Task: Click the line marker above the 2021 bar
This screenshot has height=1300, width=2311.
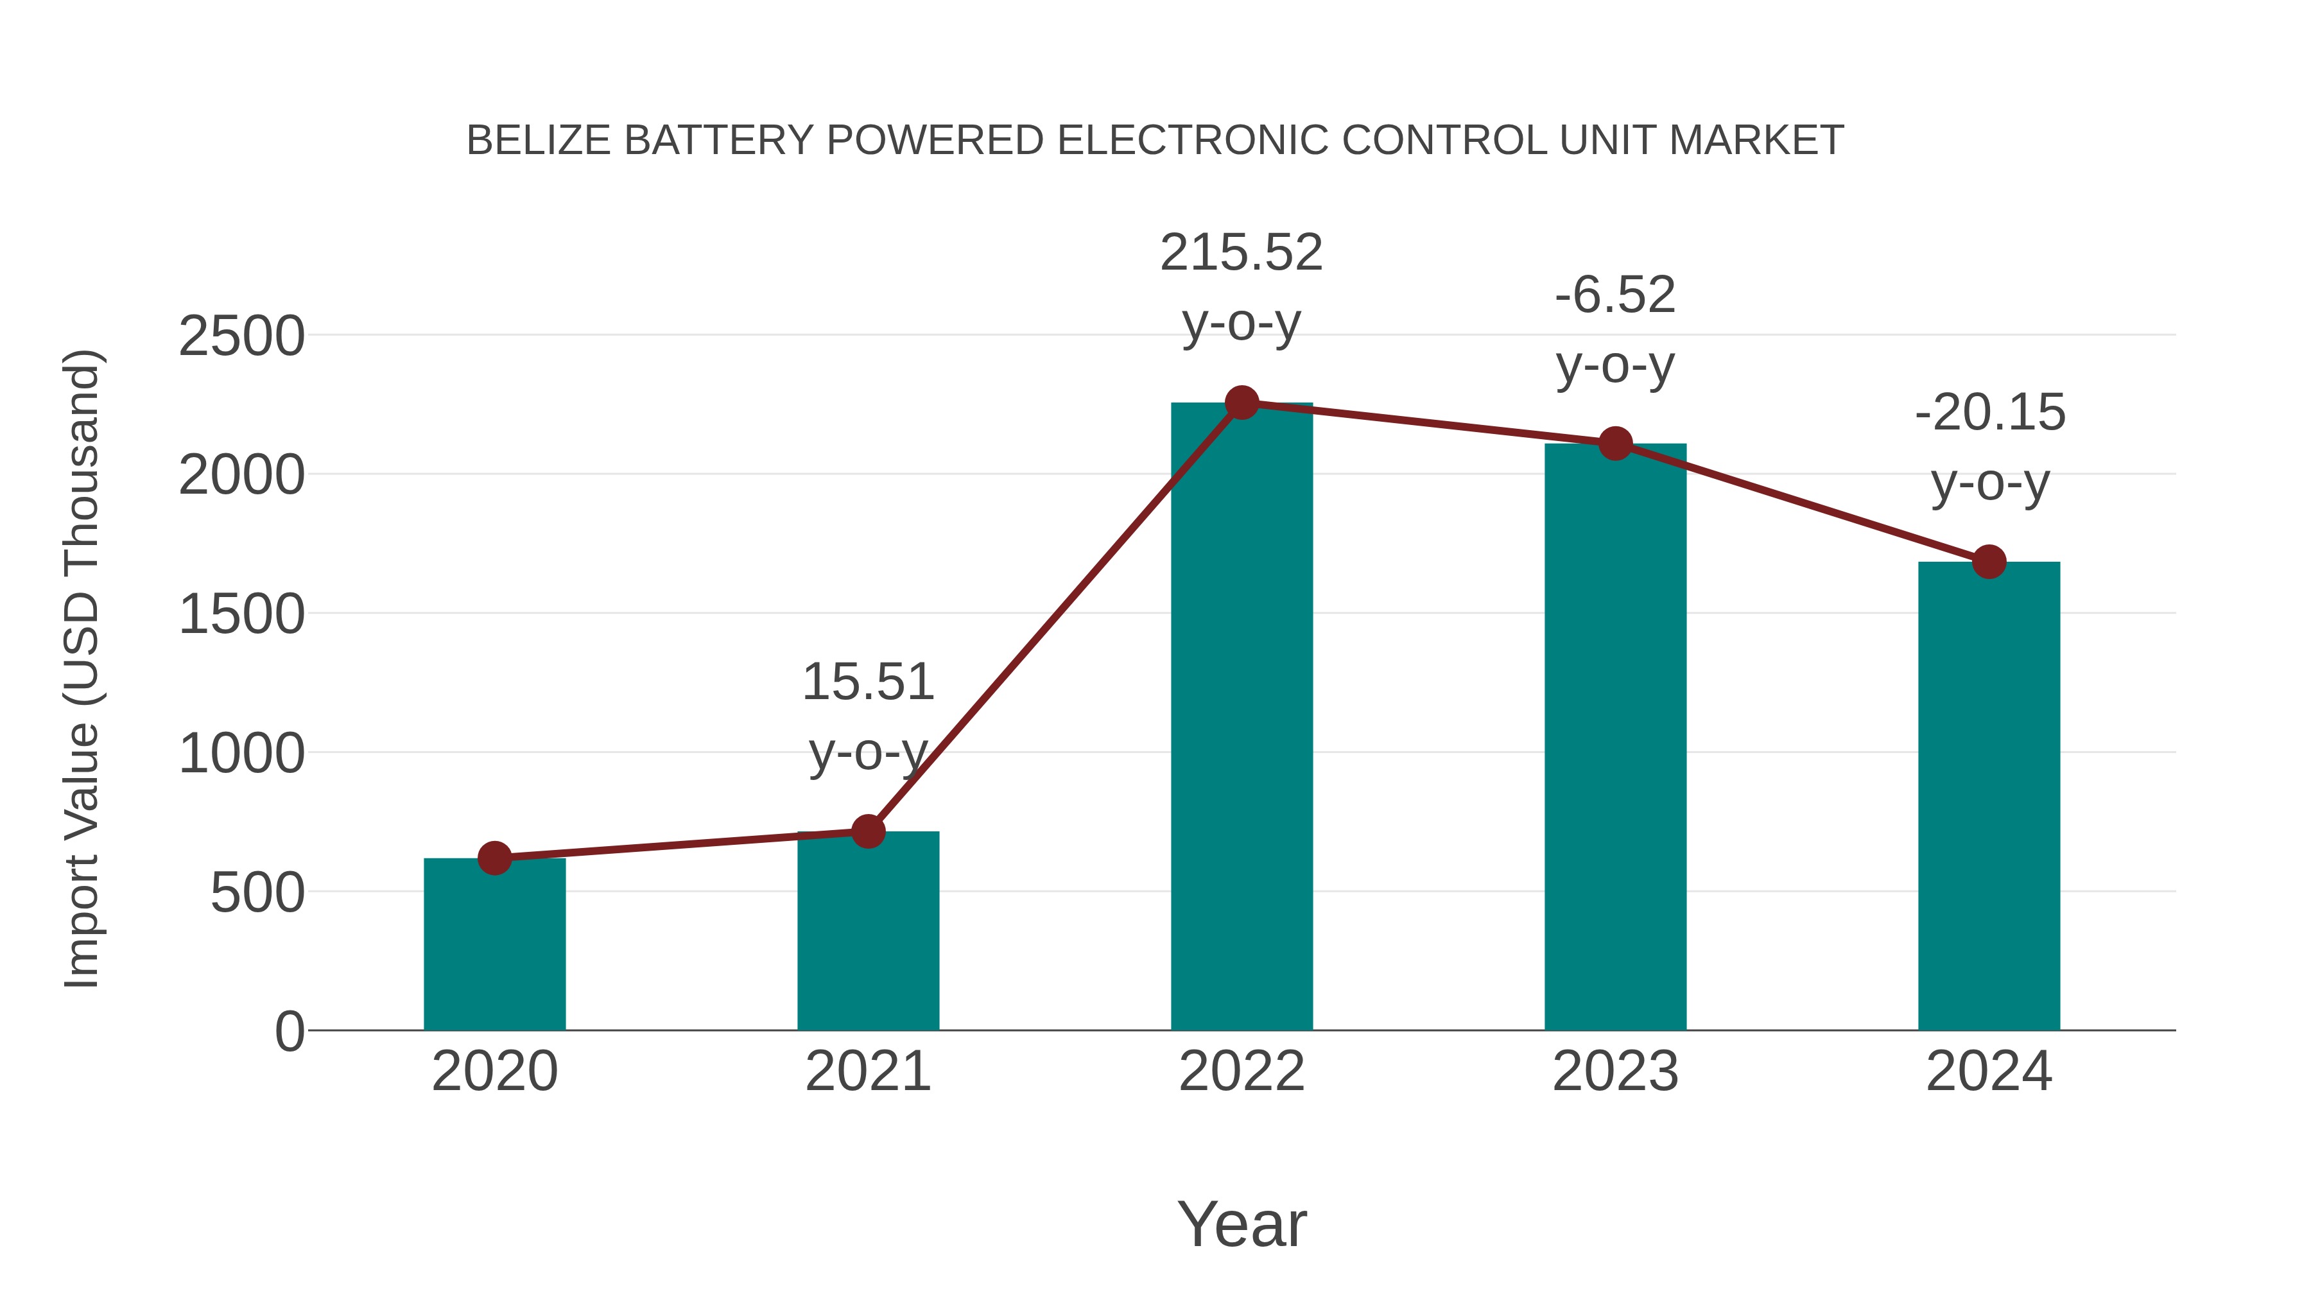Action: pos(867,831)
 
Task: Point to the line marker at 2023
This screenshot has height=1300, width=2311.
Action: pos(1615,443)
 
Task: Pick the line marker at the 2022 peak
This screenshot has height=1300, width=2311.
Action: pos(1242,403)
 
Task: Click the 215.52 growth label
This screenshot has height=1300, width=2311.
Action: pos(1241,253)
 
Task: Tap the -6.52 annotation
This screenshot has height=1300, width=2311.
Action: pos(1615,296)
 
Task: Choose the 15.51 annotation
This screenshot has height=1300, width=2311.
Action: pos(867,683)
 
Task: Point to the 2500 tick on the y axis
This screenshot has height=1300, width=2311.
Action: pos(241,337)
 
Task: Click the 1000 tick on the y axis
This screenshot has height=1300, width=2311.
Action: pos(241,754)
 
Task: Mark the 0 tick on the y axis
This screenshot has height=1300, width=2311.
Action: pos(289,1032)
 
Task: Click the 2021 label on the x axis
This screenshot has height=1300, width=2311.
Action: pos(867,1071)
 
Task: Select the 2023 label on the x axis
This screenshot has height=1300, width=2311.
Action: pos(1615,1071)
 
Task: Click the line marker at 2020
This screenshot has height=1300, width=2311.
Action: pos(494,858)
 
